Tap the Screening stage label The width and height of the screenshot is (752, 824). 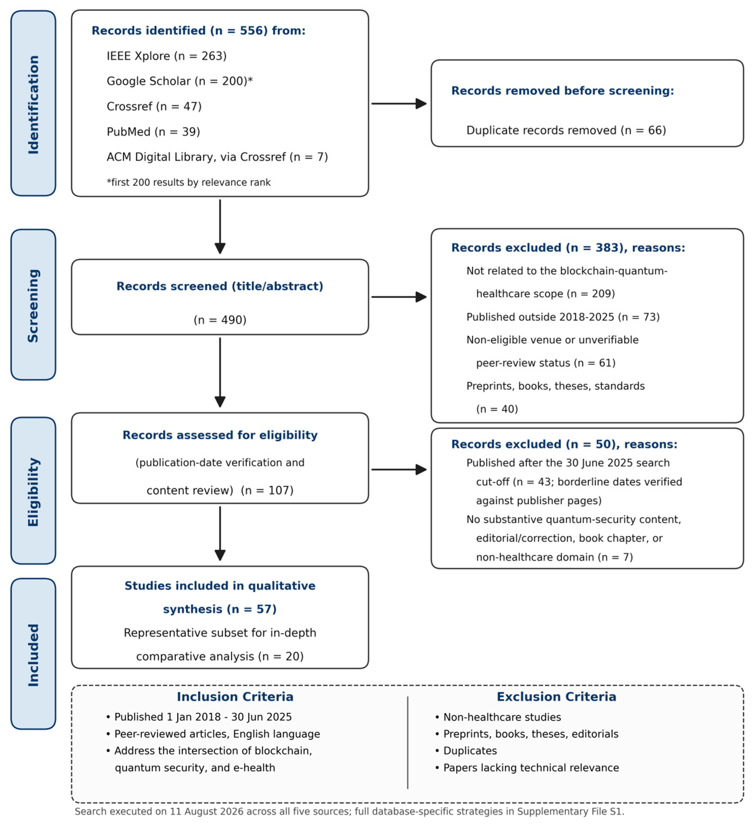(x=33, y=305)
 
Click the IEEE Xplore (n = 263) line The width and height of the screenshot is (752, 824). (x=167, y=56)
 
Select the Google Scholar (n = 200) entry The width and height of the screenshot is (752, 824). (x=180, y=81)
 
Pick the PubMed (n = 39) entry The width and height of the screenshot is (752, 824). (x=153, y=132)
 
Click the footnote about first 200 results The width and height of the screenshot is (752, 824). (x=188, y=182)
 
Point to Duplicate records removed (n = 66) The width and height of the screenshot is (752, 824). (x=566, y=130)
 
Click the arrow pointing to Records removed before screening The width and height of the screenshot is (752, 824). (x=399, y=104)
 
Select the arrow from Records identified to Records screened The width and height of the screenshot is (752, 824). (x=220, y=227)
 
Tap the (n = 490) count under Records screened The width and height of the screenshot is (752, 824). (x=220, y=320)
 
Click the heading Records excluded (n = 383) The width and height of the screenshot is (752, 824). (x=568, y=248)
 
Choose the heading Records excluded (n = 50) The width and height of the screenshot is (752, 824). (x=564, y=444)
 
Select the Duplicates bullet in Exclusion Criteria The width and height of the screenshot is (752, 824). (x=466, y=751)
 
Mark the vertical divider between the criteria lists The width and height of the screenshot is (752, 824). (x=407, y=743)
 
